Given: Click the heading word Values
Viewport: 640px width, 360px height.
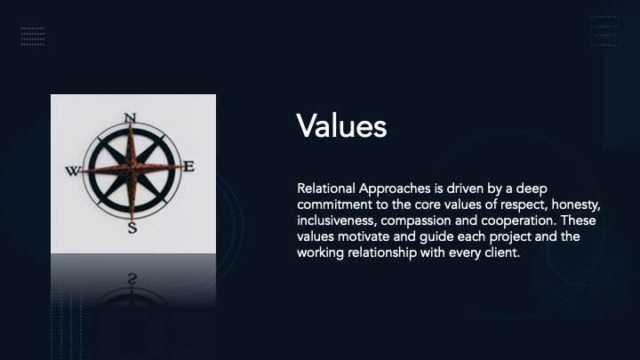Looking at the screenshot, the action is (x=341, y=125).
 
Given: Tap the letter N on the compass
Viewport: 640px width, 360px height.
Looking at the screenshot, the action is (x=130, y=117).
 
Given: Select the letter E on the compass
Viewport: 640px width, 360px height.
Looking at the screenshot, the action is (x=188, y=166).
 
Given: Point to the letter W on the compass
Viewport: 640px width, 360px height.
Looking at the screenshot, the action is (x=73, y=171).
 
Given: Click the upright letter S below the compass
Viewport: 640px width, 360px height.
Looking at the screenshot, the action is (x=132, y=228).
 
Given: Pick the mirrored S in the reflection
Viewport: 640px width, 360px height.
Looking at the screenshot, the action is (x=132, y=279).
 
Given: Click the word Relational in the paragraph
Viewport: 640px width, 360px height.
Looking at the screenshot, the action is (x=326, y=188).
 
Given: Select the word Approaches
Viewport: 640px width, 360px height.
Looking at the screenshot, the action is (x=395, y=189).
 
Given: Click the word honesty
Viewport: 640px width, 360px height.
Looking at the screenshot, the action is (x=575, y=205).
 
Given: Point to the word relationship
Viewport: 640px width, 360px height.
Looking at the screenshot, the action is (x=382, y=253).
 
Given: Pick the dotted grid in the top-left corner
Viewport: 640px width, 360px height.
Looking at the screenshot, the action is (x=33, y=36).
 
